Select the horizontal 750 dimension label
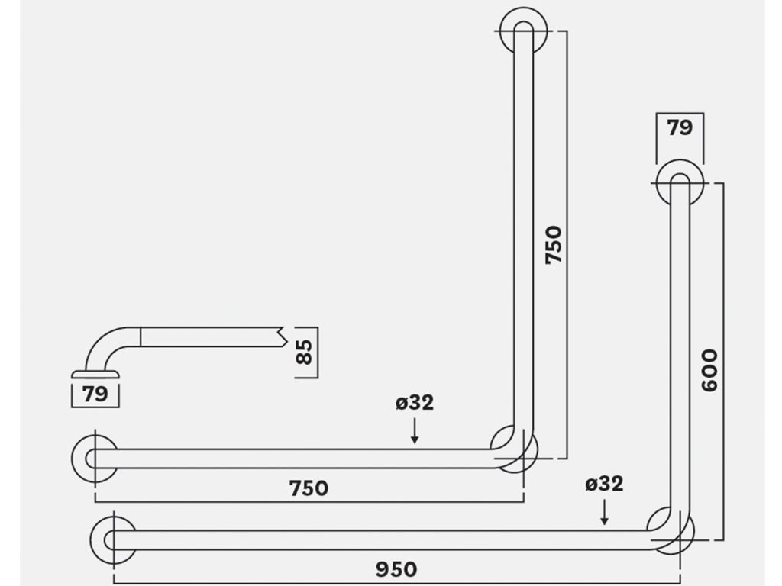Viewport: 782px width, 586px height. (309, 488)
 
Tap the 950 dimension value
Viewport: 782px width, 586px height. (396, 569)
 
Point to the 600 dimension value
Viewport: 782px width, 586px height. (709, 370)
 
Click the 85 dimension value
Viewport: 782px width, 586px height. (304, 352)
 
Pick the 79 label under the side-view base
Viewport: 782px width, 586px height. (95, 394)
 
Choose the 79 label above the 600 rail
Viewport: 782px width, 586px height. (680, 127)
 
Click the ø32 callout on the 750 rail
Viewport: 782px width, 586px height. (415, 403)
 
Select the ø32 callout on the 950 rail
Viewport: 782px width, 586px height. (604, 484)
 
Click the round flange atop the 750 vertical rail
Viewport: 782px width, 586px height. (524, 30)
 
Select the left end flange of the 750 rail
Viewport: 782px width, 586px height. (95, 459)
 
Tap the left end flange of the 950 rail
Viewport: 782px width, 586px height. (113, 539)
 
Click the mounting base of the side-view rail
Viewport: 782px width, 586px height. (95, 375)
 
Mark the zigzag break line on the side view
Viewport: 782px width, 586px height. (282, 337)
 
